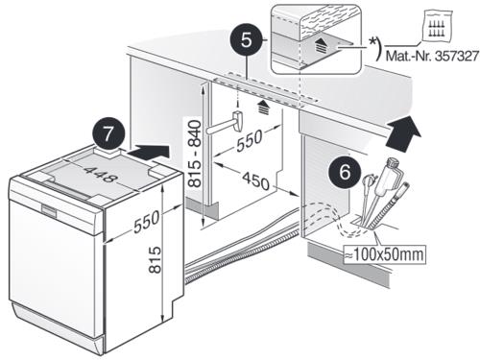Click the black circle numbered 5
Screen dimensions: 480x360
coord(246,40)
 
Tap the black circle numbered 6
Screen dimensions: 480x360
coord(345,172)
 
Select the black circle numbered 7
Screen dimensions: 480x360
coord(108,133)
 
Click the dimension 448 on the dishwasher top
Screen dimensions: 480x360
coord(100,175)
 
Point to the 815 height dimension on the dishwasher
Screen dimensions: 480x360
coord(156,259)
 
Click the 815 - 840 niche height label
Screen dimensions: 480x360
coord(195,154)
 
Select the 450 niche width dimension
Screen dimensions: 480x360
coord(256,180)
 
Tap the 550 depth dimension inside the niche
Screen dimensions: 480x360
coord(250,140)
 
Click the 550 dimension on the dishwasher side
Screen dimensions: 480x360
coord(147,221)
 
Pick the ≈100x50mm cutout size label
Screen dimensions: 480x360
coord(384,254)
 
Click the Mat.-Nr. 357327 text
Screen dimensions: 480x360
coord(432,56)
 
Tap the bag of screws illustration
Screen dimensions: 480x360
coord(437,26)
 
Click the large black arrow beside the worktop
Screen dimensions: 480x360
coord(404,133)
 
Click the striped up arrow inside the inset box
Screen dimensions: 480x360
coord(321,45)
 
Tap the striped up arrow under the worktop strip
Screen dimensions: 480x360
coord(263,108)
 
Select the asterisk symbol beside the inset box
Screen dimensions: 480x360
coord(372,42)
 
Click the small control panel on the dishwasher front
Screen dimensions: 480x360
coord(50,210)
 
